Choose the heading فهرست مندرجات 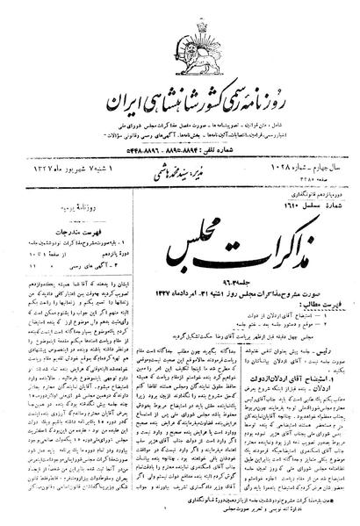(x=52, y=198)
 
